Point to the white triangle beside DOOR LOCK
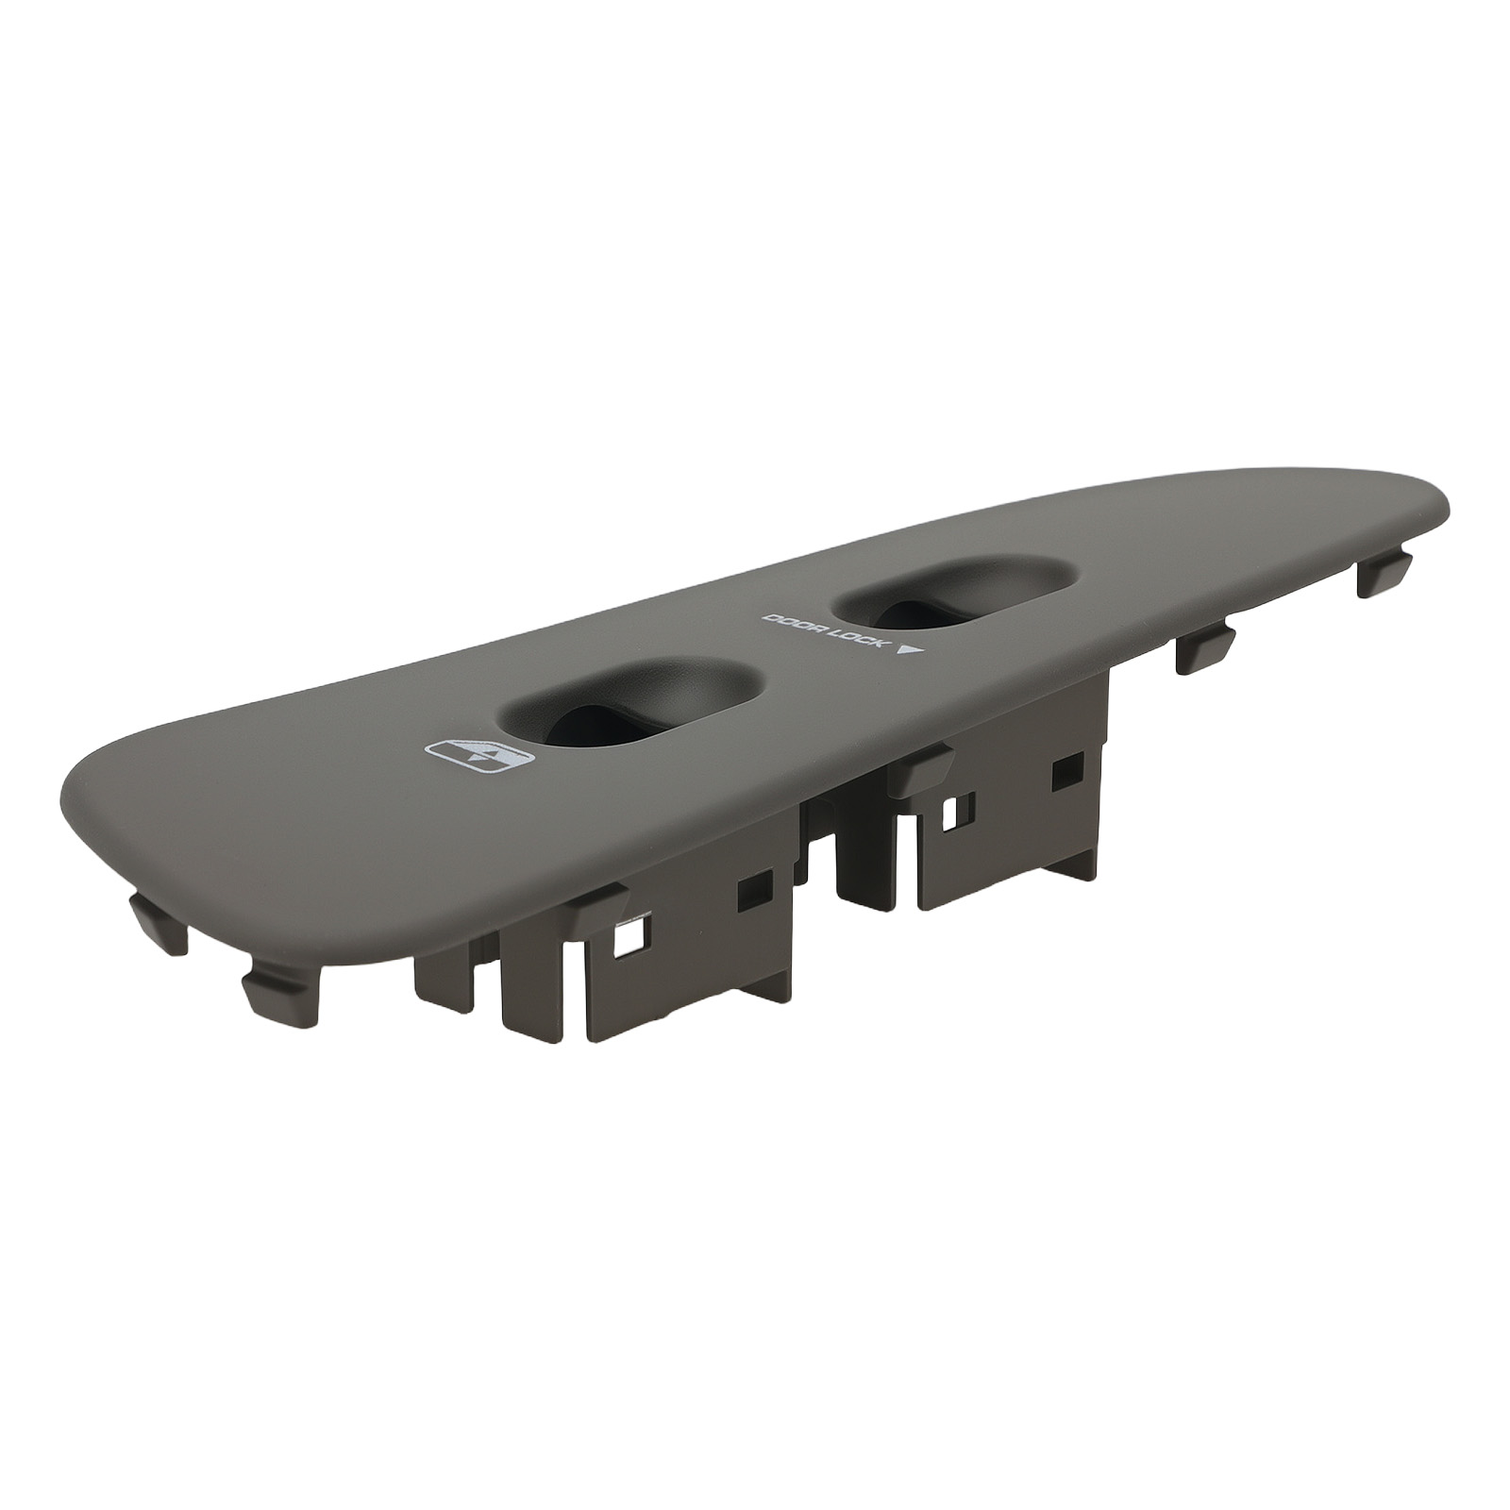[x=909, y=650]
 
